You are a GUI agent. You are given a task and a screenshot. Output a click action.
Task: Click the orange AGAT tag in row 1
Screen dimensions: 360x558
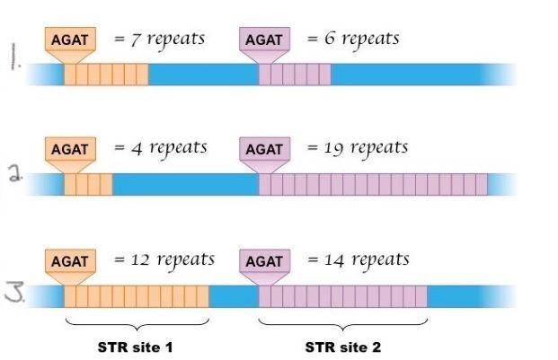pyautogui.click(x=69, y=40)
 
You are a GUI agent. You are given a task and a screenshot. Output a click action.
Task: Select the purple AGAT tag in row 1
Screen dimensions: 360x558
pyautogui.click(x=263, y=40)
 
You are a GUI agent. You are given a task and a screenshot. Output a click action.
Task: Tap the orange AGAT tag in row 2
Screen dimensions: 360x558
pyautogui.click(x=69, y=149)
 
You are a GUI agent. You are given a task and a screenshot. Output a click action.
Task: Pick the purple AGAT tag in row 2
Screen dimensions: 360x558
pyautogui.click(x=263, y=149)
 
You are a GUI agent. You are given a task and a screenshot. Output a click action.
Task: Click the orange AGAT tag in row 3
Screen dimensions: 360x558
pyautogui.click(x=69, y=261)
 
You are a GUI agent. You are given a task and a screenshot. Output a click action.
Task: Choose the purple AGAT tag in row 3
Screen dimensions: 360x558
pyautogui.click(x=263, y=261)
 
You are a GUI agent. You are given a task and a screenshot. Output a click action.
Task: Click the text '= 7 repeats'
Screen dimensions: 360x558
pyautogui.click(x=159, y=40)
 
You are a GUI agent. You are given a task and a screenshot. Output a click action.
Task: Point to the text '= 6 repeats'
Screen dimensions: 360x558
pyautogui.click(x=352, y=40)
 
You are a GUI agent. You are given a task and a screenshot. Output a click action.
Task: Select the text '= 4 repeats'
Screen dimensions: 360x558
pyautogui.click(x=160, y=148)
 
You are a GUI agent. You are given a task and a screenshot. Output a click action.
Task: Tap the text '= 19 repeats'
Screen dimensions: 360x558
pyautogui.click(x=357, y=148)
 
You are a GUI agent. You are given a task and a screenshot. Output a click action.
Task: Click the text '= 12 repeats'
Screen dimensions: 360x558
pyautogui.click(x=164, y=260)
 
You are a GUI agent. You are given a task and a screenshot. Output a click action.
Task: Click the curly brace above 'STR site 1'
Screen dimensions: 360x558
pyautogui.click(x=137, y=321)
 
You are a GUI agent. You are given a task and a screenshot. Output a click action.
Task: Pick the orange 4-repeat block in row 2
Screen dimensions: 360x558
pyautogui.click(x=88, y=185)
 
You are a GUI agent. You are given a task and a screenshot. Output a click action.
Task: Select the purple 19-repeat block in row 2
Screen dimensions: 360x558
pyautogui.click(x=373, y=185)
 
